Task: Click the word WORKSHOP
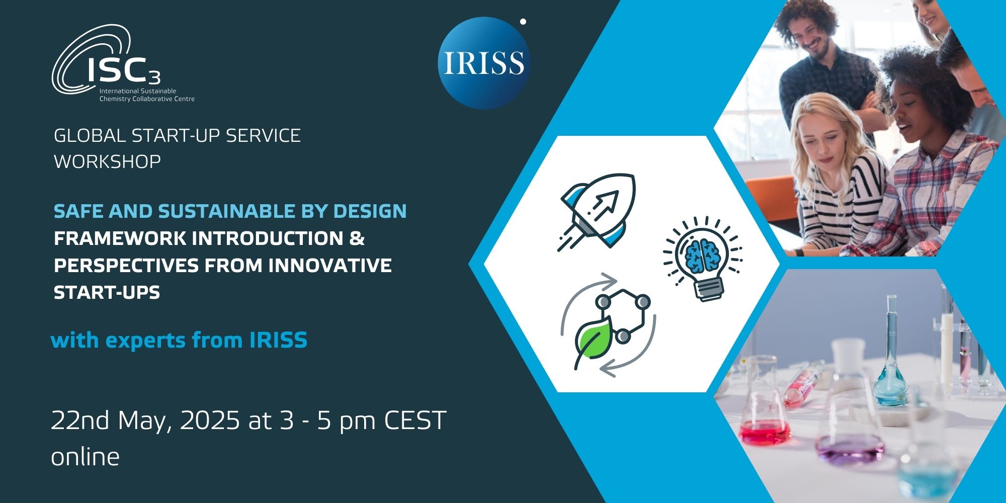[x=107, y=161]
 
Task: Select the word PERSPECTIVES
[x=126, y=266]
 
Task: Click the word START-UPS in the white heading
[x=107, y=293]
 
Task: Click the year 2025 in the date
[x=209, y=421]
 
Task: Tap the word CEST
[x=415, y=421]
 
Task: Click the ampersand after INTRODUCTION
[x=357, y=238]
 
